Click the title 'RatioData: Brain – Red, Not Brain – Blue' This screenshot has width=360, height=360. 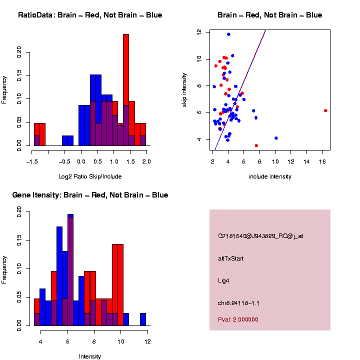click(90, 15)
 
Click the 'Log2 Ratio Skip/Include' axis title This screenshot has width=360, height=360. click(90, 176)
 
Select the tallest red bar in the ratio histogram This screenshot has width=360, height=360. click(126, 90)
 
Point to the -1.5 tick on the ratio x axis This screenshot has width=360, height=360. click(31, 161)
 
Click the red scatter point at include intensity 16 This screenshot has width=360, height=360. click(325, 110)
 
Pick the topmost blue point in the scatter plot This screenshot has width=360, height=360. click(228, 34)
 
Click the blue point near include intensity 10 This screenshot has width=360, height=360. click(276, 138)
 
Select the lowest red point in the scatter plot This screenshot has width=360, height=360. click(256, 145)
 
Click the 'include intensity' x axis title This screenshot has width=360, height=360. click(270, 176)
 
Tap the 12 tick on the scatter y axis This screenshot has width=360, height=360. click(199, 31)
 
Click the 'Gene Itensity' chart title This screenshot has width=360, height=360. click(90, 195)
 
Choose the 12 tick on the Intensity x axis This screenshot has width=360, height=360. click(147, 341)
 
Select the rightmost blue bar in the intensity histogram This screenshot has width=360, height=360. click(143, 319)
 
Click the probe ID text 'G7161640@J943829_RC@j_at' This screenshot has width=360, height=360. click(260, 236)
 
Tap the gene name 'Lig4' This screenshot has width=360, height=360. click(224, 281)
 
